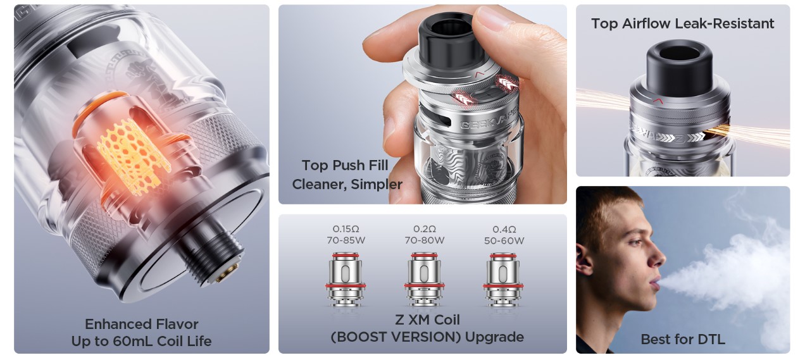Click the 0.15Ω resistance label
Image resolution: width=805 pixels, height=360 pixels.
346,229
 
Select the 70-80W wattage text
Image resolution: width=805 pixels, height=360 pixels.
425,240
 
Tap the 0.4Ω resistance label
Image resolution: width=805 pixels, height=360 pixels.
504,229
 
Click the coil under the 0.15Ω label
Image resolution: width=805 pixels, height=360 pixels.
346,280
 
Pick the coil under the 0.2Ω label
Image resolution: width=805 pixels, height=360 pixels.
424,280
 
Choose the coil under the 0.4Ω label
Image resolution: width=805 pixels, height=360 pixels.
502,280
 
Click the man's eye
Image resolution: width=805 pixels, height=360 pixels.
635,242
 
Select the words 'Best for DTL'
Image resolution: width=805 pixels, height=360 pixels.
683,339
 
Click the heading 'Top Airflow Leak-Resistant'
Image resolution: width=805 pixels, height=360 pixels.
682,23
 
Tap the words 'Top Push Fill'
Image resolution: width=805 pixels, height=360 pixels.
345,165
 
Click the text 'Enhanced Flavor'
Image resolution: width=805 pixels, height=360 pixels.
142,324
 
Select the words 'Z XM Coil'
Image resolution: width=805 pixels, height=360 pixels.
427,320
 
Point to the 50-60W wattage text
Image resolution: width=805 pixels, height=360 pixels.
504,240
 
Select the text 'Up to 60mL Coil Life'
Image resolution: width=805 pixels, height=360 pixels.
142,341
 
